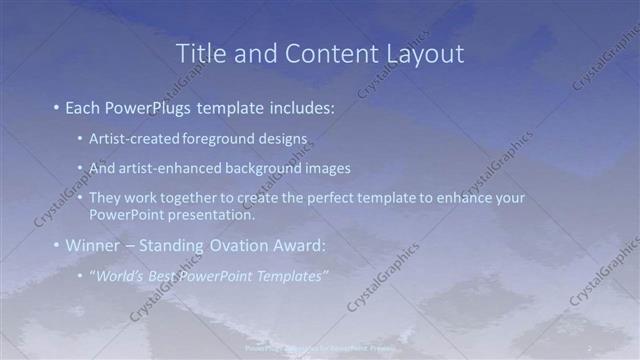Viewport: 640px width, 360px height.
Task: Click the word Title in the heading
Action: (x=200, y=54)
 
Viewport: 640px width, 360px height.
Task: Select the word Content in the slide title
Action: (x=326, y=54)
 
